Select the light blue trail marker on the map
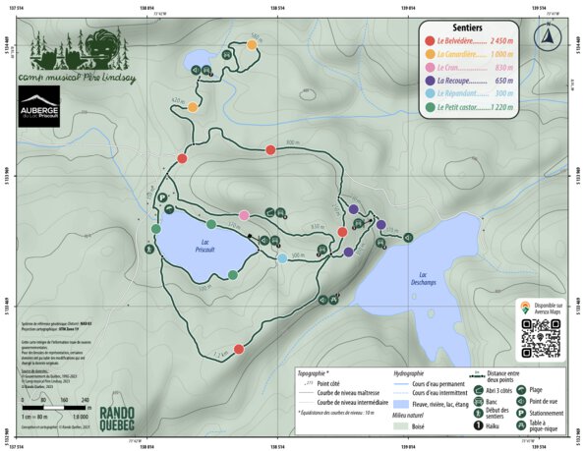[x=282, y=258]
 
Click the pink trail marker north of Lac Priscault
[x=244, y=216]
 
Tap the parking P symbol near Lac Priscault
[x=161, y=197]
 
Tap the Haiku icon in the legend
[x=480, y=425]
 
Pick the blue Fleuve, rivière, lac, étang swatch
[x=400, y=404]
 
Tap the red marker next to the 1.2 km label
[x=239, y=347]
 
